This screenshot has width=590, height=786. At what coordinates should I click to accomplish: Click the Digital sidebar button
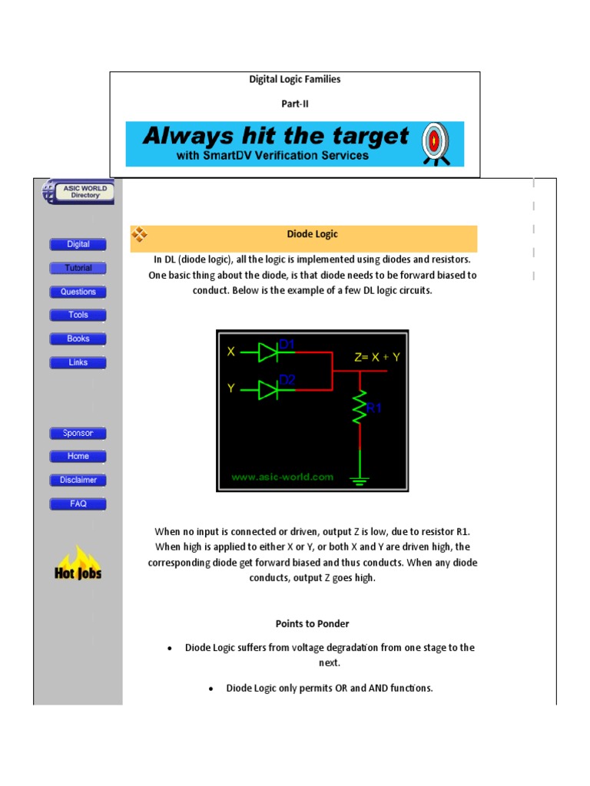pyautogui.click(x=78, y=244)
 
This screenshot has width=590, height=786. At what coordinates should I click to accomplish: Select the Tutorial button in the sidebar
pyautogui.click(x=78, y=268)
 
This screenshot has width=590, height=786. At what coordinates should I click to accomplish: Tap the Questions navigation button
pyautogui.click(x=78, y=292)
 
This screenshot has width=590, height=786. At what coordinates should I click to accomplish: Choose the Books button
pyautogui.click(x=78, y=339)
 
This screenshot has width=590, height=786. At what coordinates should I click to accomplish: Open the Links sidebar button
pyautogui.click(x=78, y=362)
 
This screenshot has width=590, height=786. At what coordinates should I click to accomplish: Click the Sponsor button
pyautogui.click(x=78, y=433)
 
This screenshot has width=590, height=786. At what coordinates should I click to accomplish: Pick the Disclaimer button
pyautogui.click(x=78, y=480)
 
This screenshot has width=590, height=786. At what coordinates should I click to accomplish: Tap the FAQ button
pyautogui.click(x=78, y=504)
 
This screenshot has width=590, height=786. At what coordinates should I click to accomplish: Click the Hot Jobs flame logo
pyautogui.click(x=78, y=563)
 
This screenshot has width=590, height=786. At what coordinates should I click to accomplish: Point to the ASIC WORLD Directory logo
pyautogui.click(x=78, y=192)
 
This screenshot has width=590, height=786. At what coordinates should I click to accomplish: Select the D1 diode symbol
pyautogui.click(x=268, y=352)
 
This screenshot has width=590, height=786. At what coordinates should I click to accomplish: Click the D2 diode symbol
pyautogui.click(x=268, y=389)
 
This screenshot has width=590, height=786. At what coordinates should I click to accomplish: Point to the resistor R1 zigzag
pyautogui.click(x=359, y=409)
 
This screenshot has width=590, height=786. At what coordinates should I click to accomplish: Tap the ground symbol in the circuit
pyautogui.click(x=359, y=479)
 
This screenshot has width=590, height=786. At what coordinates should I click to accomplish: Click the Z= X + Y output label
pyautogui.click(x=378, y=357)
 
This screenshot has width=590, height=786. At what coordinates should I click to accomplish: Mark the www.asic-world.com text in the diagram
pyautogui.click(x=283, y=477)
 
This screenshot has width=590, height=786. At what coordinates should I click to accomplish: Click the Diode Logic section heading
pyautogui.click(x=312, y=234)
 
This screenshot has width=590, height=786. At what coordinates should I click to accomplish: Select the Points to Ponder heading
pyautogui.click(x=312, y=623)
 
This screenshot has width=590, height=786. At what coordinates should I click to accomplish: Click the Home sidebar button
pyautogui.click(x=78, y=456)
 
